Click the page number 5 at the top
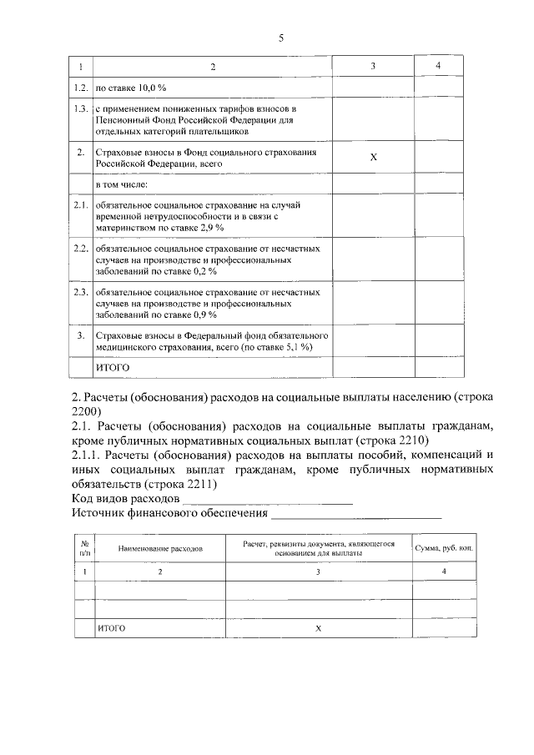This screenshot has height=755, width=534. point(281,38)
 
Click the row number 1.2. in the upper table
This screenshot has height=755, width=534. point(80,87)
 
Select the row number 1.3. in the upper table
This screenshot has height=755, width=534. point(80,109)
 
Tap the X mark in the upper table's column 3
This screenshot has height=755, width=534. point(373,159)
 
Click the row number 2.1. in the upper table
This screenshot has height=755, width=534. point(80,205)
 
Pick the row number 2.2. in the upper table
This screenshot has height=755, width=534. point(80,249)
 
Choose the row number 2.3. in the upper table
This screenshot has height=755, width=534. point(80,293)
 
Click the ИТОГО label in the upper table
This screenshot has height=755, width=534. point(114,366)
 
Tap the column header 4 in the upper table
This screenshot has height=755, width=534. point(438,66)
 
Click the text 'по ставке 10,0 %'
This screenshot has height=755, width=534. point(132,87)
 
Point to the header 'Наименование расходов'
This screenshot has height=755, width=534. point(160,549)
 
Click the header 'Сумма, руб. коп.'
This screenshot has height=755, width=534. point(443,549)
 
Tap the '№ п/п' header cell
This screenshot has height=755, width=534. point(84,548)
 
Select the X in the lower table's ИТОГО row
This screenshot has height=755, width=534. point(318,629)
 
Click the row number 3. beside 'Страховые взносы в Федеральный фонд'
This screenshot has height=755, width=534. point(80,336)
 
